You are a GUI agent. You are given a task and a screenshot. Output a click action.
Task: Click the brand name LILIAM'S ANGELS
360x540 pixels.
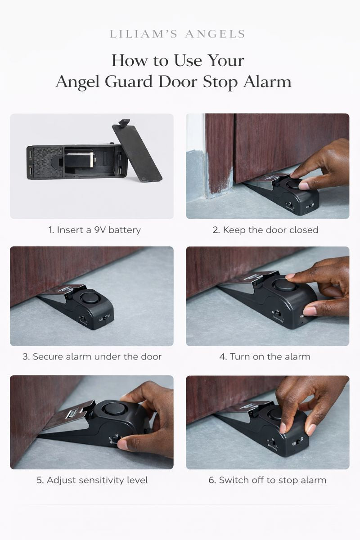(x=178, y=34)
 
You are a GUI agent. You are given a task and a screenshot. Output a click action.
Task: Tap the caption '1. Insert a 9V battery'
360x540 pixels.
(x=94, y=230)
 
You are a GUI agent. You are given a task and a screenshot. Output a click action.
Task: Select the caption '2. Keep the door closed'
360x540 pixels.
(x=265, y=230)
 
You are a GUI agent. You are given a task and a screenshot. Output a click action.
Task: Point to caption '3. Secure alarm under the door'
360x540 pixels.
(x=92, y=357)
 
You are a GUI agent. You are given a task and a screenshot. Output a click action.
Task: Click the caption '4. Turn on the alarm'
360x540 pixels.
(x=265, y=357)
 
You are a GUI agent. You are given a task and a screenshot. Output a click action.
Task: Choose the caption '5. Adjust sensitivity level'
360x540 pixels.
(x=92, y=480)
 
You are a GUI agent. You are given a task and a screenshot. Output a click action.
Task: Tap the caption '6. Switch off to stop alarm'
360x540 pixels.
(x=267, y=480)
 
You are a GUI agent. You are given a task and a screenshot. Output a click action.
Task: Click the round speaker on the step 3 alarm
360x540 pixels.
(x=89, y=298)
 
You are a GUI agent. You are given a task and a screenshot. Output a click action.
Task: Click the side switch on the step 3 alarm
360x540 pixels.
(x=106, y=317)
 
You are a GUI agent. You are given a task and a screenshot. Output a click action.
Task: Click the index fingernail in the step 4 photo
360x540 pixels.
(x=291, y=275)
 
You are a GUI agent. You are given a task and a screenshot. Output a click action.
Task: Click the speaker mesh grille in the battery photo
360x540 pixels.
(x=48, y=162)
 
